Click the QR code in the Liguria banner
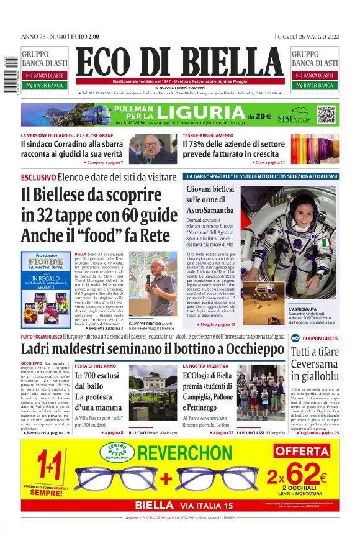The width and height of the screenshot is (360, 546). [326, 114]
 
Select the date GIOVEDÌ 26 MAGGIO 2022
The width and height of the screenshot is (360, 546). [308, 37]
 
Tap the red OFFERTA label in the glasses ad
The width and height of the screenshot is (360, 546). [301, 451]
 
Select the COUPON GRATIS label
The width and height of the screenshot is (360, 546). [320, 339]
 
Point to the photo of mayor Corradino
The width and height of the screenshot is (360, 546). [153, 148]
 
